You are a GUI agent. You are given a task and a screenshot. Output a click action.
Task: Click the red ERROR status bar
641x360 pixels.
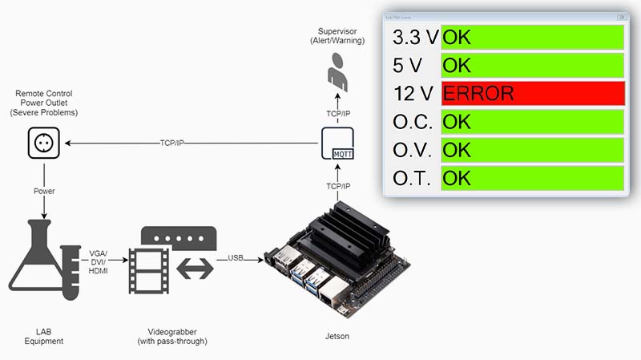(532, 93)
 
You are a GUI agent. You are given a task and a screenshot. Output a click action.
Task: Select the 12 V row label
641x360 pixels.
(413, 93)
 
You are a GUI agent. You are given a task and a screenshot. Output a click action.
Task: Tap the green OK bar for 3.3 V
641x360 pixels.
(532, 36)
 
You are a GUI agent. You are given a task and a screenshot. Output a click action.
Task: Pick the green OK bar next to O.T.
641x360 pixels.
(532, 178)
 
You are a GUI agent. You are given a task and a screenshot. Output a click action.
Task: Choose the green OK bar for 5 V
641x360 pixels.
(532, 65)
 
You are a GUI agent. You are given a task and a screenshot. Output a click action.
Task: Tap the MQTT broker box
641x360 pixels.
(337, 143)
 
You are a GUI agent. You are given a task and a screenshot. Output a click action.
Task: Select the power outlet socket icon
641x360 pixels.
(43, 144)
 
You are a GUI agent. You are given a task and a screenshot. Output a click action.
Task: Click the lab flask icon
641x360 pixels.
(43, 261)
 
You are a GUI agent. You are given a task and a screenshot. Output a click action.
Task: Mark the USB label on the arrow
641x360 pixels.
(236, 257)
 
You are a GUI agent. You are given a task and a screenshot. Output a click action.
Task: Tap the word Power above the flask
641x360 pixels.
(44, 192)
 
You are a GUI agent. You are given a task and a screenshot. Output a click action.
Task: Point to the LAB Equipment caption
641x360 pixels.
(43, 336)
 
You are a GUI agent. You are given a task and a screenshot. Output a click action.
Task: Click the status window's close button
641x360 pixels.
(620, 17)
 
